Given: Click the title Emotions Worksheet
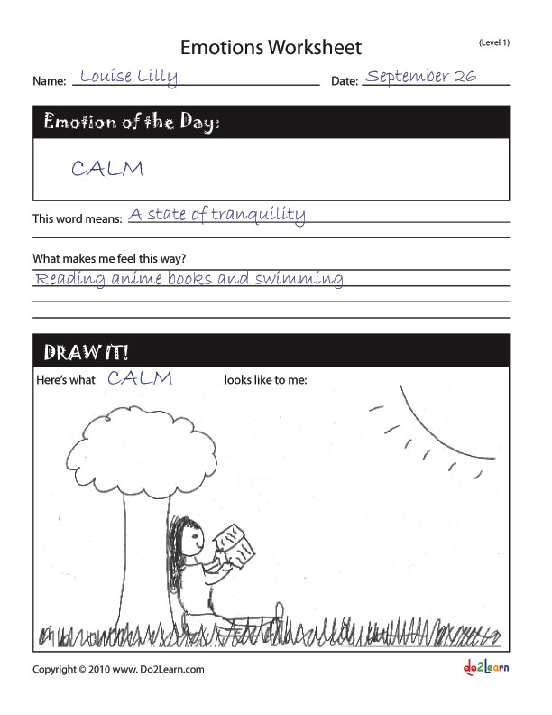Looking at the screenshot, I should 271,47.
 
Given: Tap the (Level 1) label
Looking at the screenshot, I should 493,42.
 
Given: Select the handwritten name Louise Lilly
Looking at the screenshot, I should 128,77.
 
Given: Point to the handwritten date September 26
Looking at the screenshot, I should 420,76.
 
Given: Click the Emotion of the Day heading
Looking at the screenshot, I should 132,122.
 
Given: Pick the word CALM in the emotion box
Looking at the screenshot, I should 106,168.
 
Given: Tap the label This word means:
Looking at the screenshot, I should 78,219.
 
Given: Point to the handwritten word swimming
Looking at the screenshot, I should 299,279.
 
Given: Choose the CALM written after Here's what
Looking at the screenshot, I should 139,378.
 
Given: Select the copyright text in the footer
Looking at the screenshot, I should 118,670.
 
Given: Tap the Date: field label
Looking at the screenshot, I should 345,81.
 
